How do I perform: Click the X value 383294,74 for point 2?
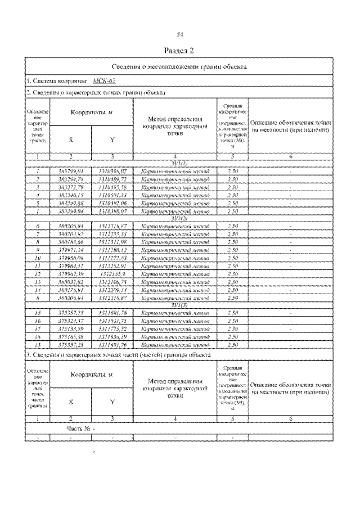tap(71, 179)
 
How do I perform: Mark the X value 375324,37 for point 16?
tap(71, 320)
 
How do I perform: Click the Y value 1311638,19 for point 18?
tap(112, 336)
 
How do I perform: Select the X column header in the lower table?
tap(71, 402)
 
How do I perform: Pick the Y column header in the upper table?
tap(112, 139)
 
